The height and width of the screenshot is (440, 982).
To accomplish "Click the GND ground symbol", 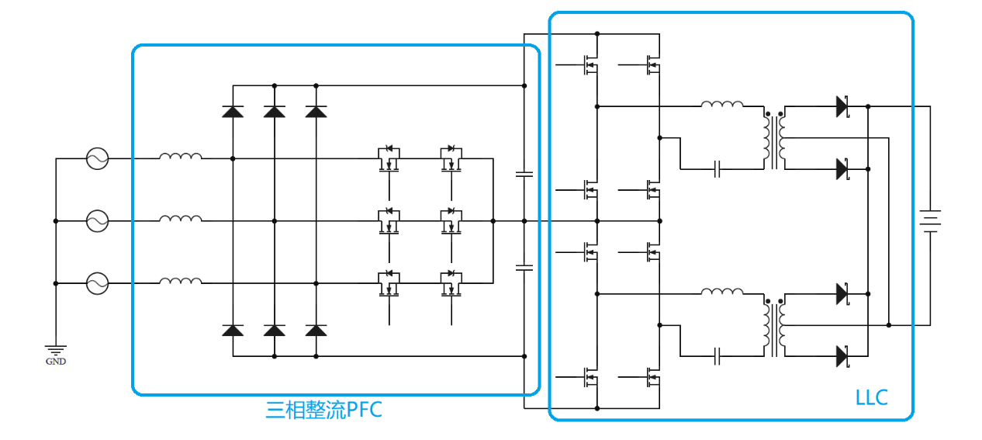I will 56,351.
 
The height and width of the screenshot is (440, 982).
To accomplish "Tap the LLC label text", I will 872,398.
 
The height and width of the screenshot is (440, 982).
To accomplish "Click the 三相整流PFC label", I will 324,409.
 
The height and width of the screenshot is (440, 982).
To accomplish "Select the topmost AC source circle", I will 98,159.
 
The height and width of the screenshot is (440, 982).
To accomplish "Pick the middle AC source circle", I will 98,221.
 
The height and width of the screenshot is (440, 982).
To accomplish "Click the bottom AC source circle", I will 98,283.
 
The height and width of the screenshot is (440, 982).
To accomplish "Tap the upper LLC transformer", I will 774,138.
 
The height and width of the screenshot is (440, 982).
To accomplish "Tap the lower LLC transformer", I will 774,326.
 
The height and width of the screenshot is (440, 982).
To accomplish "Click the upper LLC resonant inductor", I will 721,103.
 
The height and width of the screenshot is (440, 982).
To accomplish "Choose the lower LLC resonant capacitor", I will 718,356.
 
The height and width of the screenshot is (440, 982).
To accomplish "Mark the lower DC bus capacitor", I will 524,268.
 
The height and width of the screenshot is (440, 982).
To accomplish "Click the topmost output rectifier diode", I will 842,106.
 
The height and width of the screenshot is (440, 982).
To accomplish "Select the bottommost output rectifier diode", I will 842,356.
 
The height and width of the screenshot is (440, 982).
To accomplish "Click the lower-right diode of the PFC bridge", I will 316,331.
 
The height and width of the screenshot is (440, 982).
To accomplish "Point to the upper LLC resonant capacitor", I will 718,168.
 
